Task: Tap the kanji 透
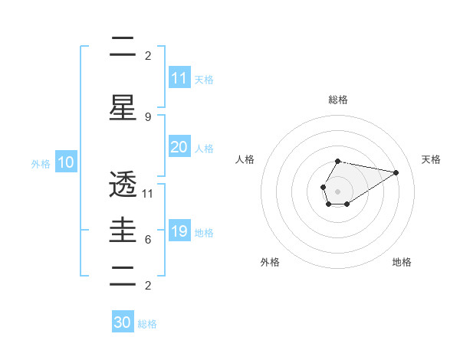[123, 185]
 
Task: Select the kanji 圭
[123, 229]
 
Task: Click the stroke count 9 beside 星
[148, 116]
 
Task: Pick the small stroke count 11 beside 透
[148, 193]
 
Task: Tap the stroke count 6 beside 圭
[148, 239]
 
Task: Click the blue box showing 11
[179, 78]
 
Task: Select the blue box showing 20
[179, 147]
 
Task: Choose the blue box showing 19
[179, 231]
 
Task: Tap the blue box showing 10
[65, 162]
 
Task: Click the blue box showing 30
[123, 322]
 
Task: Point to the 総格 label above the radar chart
[338, 100]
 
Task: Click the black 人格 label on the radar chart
[245, 159]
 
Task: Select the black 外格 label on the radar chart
[270, 262]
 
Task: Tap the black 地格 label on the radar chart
[402, 262]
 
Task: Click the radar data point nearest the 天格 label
[396, 172]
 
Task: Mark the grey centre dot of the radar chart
[337, 190]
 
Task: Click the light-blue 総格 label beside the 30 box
[147, 324]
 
